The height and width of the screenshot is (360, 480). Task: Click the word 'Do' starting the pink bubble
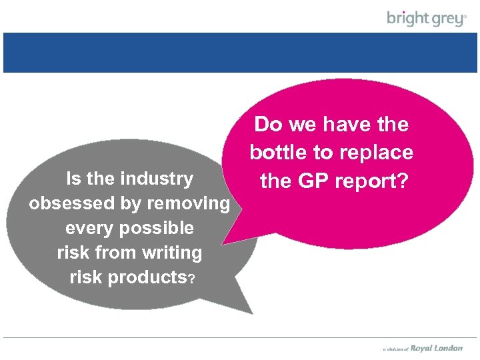(x=268, y=125)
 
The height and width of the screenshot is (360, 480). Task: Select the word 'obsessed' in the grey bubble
(x=67, y=203)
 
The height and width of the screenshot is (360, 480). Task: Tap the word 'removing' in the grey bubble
(x=188, y=203)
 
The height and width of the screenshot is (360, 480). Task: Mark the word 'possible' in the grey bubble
(x=155, y=228)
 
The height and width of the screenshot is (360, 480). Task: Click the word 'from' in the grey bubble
(x=119, y=253)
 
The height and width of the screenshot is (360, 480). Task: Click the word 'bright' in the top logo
(x=407, y=17)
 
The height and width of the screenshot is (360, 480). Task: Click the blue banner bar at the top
(x=240, y=52)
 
